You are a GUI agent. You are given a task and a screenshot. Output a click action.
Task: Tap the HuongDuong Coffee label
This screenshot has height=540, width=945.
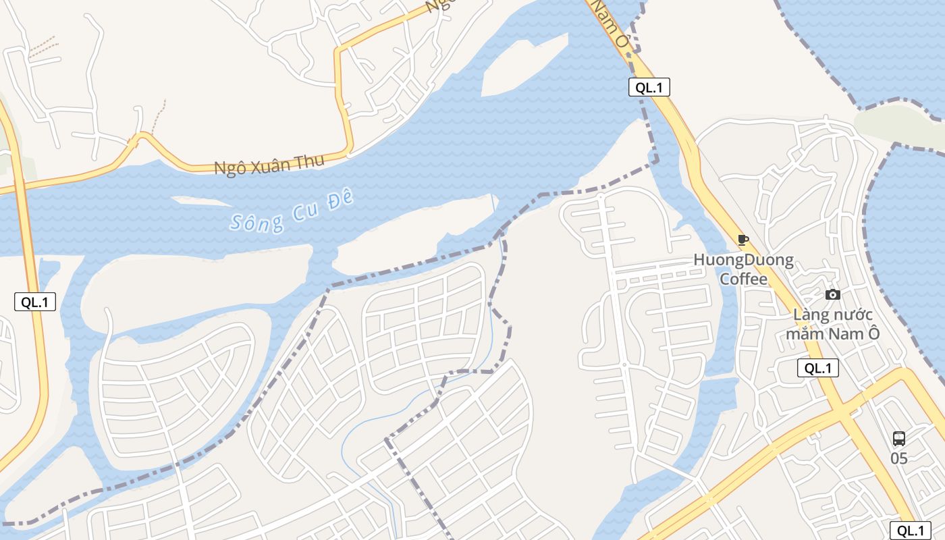(x=743, y=269)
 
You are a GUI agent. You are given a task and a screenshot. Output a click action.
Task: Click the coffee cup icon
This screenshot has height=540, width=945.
(x=743, y=240)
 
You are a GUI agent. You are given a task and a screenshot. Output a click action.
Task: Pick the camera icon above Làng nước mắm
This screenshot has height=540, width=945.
(x=833, y=294)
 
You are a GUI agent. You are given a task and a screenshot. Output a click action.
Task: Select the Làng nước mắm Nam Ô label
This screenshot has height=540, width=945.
(x=833, y=323)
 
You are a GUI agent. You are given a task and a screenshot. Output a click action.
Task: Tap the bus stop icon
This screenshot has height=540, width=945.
(x=898, y=439)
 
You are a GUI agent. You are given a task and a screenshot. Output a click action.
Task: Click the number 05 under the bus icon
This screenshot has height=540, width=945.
(x=898, y=458)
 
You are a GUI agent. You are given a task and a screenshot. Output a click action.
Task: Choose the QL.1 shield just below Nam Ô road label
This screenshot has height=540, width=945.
(x=649, y=86)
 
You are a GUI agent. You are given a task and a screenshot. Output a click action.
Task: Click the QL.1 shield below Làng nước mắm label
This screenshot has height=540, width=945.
(x=818, y=368)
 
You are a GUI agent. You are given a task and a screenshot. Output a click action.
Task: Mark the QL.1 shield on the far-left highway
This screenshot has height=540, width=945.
(x=35, y=302)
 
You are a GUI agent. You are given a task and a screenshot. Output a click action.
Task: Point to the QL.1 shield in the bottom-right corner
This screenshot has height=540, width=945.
(x=911, y=531)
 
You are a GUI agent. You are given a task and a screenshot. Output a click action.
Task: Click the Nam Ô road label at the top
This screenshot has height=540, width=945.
(x=611, y=24)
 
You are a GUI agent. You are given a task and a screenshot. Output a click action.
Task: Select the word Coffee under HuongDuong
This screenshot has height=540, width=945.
(x=743, y=279)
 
